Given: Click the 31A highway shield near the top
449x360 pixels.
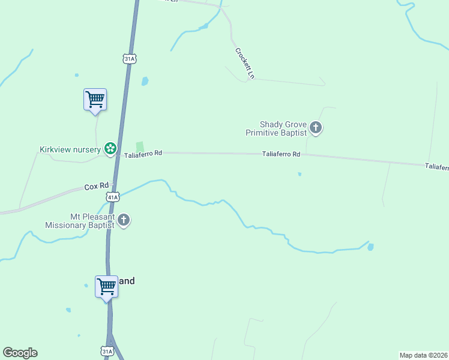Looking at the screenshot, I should (x=130, y=58).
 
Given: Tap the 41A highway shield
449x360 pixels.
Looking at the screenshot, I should (x=112, y=196).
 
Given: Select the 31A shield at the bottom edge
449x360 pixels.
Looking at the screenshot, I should (x=107, y=351).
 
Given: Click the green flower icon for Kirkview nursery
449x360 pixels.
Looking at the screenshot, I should (x=110, y=148).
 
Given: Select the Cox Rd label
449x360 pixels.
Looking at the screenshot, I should (x=96, y=187).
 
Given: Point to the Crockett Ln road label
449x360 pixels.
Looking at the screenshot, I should (x=245, y=63).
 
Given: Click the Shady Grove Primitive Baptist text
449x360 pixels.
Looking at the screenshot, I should (x=276, y=128).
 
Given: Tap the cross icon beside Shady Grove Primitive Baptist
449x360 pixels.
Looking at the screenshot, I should (x=316, y=128).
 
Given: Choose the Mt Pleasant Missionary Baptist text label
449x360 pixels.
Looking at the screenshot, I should (x=79, y=221).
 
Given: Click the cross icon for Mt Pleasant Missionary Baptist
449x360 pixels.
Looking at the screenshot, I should (x=124, y=220).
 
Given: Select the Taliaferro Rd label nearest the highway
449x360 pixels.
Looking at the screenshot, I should (x=143, y=154).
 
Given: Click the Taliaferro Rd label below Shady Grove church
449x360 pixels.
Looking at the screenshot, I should (x=281, y=154).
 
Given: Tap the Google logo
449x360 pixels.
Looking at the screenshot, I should (x=20, y=353).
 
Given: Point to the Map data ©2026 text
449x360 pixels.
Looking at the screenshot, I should (x=423, y=355).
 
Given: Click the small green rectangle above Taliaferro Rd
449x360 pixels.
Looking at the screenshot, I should (x=140, y=146).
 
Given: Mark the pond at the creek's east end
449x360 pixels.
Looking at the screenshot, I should (x=370, y=247).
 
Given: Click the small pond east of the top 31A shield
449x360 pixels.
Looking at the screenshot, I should (x=144, y=81).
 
